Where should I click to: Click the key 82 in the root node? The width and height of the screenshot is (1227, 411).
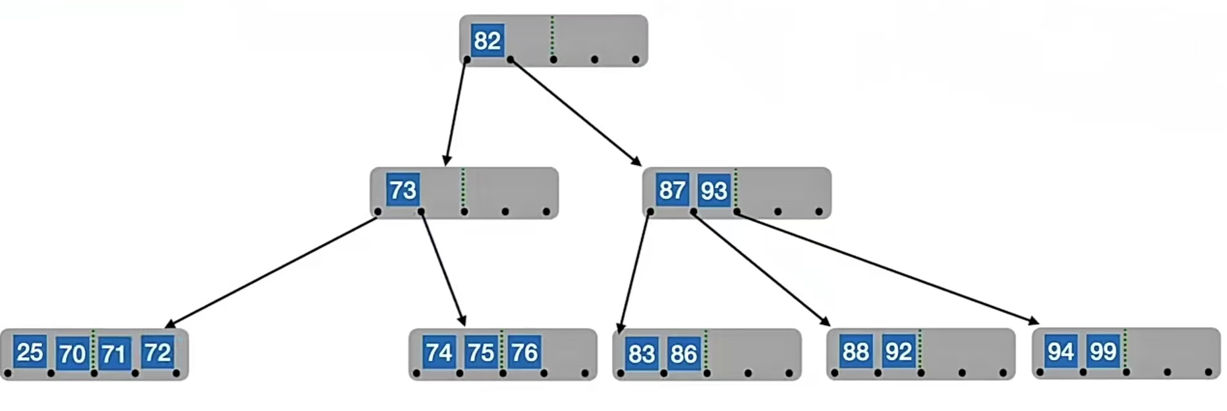(x=487, y=41)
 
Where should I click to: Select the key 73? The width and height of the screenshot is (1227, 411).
(x=403, y=190)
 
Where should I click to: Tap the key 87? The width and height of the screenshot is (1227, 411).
(x=672, y=190)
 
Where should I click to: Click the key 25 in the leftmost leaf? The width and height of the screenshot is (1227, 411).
(x=30, y=352)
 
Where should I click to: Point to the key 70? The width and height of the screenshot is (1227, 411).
(x=72, y=354)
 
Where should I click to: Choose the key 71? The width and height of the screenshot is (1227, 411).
(x=113, y=354)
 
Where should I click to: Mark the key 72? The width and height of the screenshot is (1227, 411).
(x=158, y=352)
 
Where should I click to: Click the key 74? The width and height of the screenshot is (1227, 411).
(x=439, y=352)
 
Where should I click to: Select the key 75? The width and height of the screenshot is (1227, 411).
(x=480, y=352)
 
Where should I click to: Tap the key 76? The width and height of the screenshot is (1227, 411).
(x=524, y=352)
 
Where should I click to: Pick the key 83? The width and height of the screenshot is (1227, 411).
(x=642, y=354)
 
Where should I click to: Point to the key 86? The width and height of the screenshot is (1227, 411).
(x=683, y=354)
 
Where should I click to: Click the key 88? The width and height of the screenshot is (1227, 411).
(x=856, y=352)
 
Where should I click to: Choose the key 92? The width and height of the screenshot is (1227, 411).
(x=899, y=352)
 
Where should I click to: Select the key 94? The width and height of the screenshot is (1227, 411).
(x=1061, y=352)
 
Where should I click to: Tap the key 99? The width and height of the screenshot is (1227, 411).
(x=1103, y=352)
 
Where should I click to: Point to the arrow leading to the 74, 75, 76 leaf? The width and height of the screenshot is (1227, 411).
(x=442, y=268)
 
